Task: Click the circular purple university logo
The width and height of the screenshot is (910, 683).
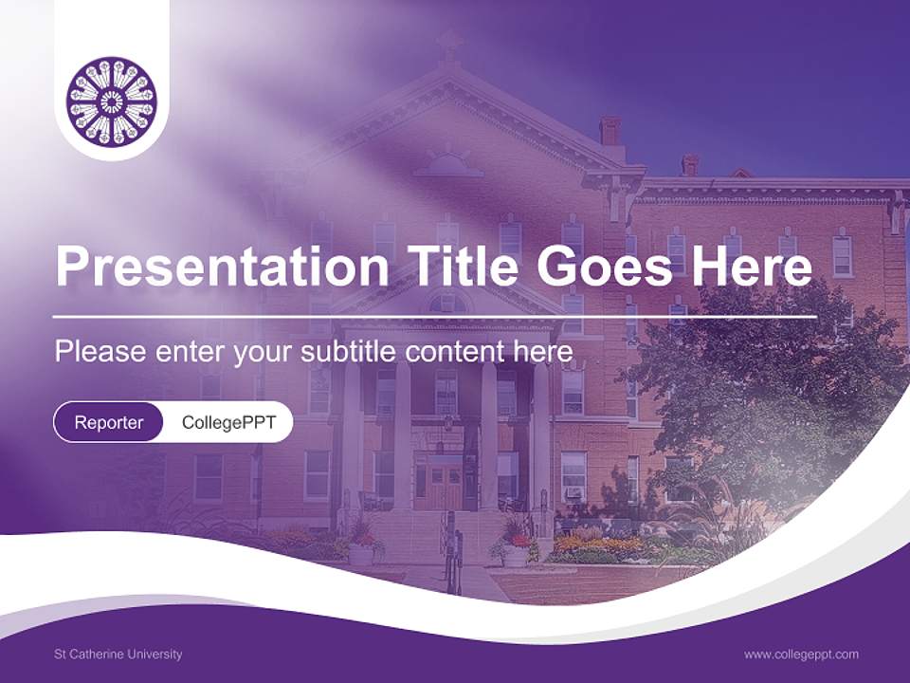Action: coord(112,101)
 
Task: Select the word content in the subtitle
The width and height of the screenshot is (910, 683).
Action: coord(454,352)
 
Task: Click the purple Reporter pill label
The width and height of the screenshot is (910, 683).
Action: coord(108,422)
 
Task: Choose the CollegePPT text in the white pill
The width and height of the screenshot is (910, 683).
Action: coord(228,422)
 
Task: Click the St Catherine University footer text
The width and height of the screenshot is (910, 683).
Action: coord(118,654)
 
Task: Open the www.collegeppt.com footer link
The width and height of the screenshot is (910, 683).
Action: coord(801,654)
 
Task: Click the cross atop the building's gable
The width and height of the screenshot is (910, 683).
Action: coord(449,44)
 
